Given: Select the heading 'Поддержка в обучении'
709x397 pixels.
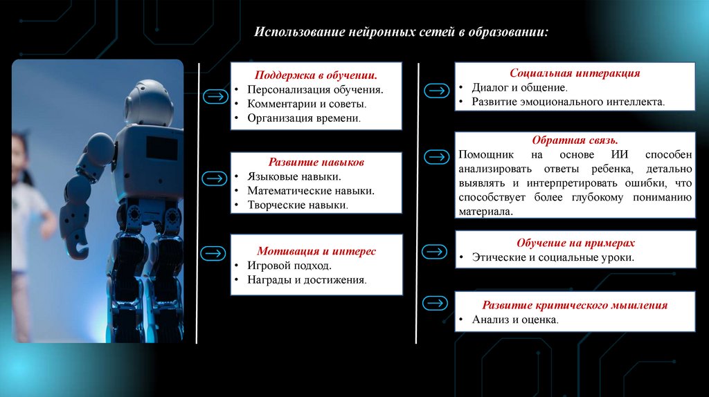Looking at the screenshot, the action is tap(316, 75).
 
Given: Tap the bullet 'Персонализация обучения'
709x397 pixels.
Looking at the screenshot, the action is tap(315, 90).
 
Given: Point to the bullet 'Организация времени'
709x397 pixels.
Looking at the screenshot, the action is tap(304, 118).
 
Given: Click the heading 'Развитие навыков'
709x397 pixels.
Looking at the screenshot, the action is tap(316, 162).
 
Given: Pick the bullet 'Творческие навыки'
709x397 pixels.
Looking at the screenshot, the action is tap(298, 205).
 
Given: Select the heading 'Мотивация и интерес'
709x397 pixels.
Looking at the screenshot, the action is tap(316, 251).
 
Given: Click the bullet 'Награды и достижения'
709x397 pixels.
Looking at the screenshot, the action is tap(307, 280).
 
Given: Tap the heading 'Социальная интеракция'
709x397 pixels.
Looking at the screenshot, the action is tap(575, 73).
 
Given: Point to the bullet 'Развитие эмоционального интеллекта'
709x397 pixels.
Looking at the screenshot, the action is tap(568, 102).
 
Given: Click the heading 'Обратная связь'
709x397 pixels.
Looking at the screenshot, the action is tap(575, 140).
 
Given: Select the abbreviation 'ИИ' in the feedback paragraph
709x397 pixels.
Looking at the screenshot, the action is tap(616, 155).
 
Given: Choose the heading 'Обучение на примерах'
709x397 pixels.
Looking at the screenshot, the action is tap(575, 243).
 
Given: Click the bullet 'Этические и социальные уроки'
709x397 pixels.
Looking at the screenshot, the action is tap(553, 257).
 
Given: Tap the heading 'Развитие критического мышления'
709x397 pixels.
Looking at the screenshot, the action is tap(575, 305).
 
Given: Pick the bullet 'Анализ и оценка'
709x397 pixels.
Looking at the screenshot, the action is tap(515, 320).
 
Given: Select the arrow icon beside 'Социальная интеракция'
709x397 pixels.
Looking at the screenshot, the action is tap(436, 91).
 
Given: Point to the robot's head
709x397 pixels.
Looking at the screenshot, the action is tap(149, 100).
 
